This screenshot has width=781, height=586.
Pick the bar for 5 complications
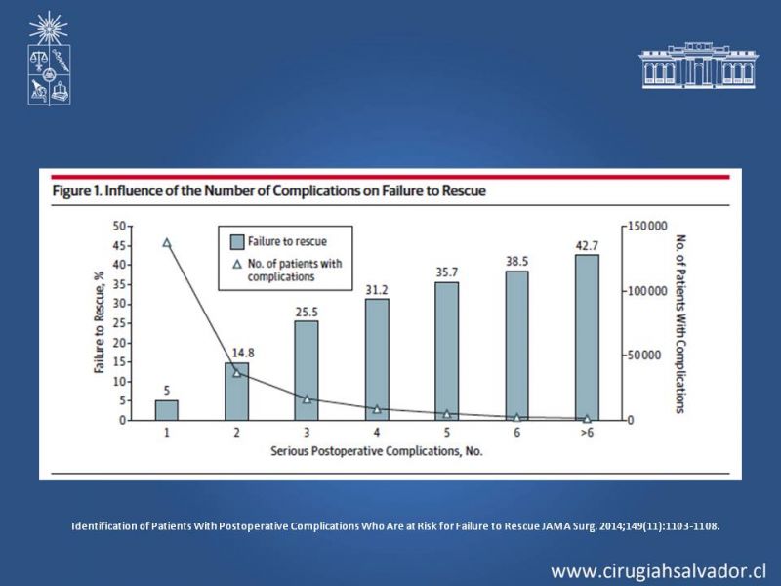[446, 351]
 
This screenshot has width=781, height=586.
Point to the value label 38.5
[516, 263]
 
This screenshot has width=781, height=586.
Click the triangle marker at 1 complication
[167, 243]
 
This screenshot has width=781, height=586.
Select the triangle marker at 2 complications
[237, 372]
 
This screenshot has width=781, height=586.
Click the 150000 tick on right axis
[646, 227]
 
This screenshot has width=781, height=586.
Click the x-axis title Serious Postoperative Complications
[376, 451]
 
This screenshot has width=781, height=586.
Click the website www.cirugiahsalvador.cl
[659, 570]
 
